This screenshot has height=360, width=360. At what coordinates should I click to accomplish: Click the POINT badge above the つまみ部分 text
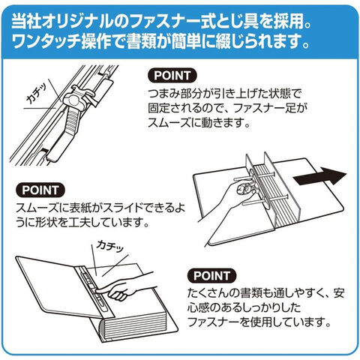tap(172, 76)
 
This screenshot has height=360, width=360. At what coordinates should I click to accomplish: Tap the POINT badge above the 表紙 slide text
tap(40, 190)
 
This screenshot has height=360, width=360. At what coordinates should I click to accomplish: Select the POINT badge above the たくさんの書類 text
tap(211, 276)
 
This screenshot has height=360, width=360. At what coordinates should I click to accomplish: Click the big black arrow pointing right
tap(319, 175)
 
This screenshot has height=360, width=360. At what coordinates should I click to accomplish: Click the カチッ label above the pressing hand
tap(110, 246)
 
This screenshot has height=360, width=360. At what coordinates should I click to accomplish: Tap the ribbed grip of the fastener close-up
tap(72, 119)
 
